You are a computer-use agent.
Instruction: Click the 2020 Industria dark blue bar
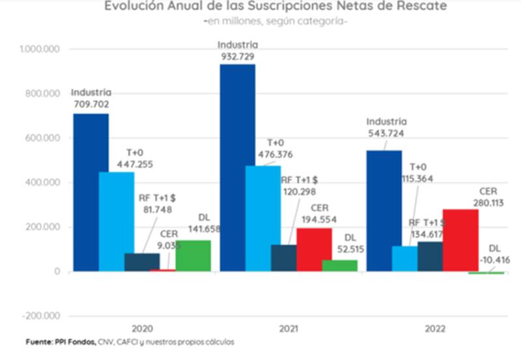91,192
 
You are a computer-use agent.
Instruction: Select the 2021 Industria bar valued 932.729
237,167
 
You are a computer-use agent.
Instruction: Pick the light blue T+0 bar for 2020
116,221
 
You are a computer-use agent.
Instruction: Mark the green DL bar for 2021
340,265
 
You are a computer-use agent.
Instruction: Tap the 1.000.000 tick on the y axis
40,49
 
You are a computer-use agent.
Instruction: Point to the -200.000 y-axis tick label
40,316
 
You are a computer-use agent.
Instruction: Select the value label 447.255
135,165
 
